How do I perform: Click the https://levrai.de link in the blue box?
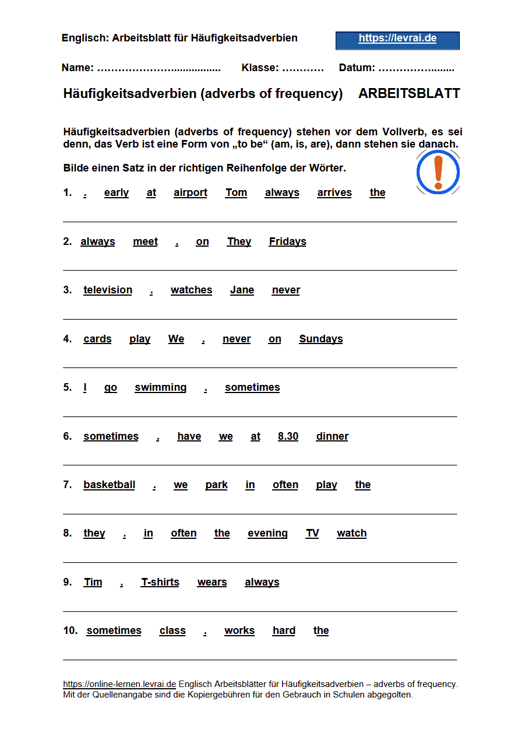tap(397, 38)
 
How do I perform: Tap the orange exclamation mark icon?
tap(438, 172)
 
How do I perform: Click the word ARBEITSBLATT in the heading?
tap(409, 93)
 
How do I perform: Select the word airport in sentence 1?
tap(191, 192)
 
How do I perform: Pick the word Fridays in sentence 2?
tap(287, 241)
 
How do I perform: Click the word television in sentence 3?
tap(108, 290)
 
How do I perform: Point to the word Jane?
tap(242, 290)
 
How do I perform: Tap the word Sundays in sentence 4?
tap(321, 339)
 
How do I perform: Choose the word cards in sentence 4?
tap(97, 339)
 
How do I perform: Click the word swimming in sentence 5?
tap(160, 387)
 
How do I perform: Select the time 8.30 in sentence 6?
tap(288, 436)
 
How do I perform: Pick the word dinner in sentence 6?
tap(332, 436)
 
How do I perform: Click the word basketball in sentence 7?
tap(109, 485)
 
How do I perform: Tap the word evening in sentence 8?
tap(267, 533)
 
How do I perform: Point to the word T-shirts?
tap(160, 582)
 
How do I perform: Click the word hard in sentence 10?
tap(284, 630)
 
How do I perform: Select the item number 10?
tap(70, 630)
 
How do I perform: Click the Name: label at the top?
tap(77, 68)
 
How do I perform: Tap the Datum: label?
tap(357, 68)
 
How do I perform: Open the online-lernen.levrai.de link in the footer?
tap(119, 684)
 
